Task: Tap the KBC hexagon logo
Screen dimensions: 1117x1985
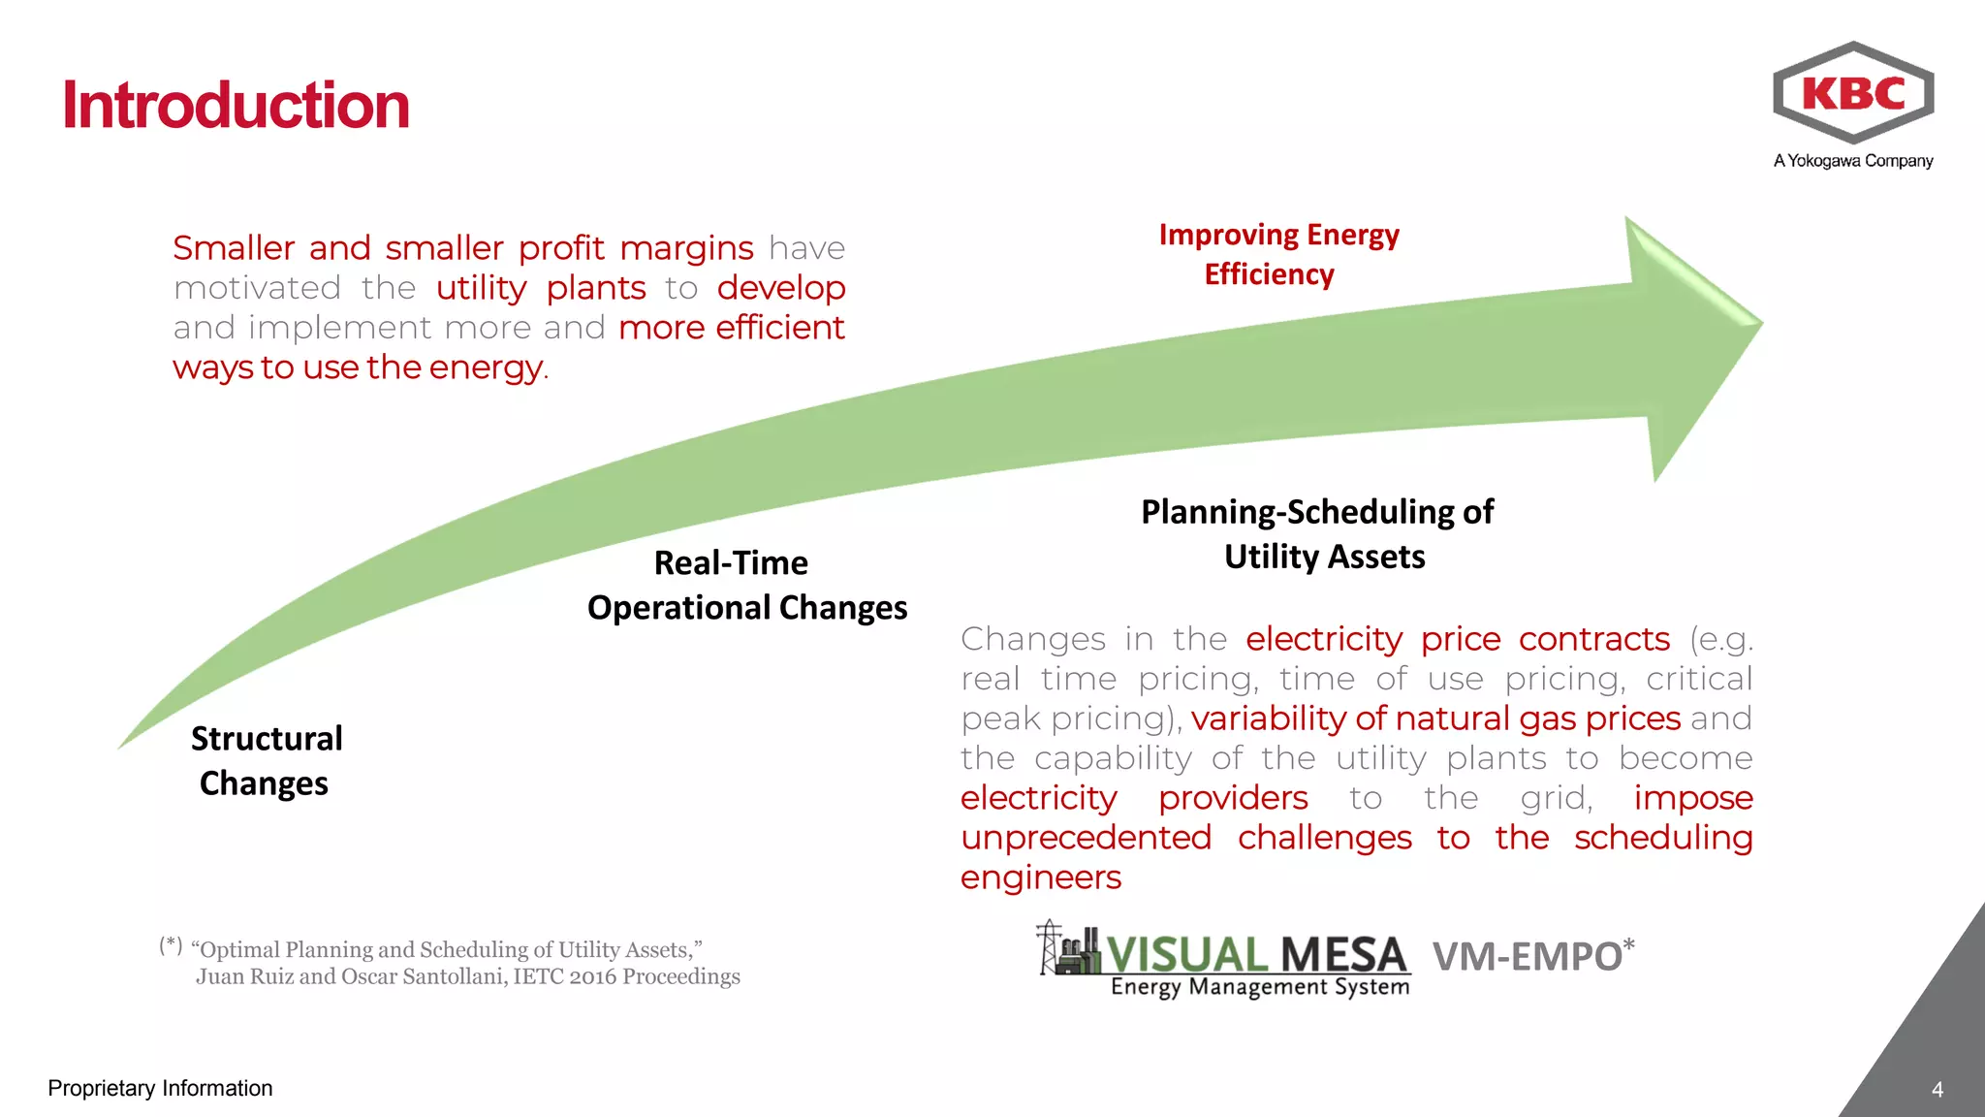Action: pyautogui.click(x=1852, y=93)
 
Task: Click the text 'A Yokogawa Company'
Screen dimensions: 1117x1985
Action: pyautogui.click(x=1852, y=161)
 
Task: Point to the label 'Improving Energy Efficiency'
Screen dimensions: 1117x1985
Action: pyautogui.click(x=1277, y=254)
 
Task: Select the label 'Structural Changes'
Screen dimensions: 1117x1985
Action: pyautogui.click(x=266, y=760)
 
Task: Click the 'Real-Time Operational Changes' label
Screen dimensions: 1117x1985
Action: pyautogui.click(x=746, y=585)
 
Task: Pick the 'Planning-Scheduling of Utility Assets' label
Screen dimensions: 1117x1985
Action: pyautogui.click(x=1318, y=533)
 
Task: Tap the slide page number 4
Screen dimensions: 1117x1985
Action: pyautogui.click(x=1937, y=1090)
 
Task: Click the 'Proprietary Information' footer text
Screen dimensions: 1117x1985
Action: pyautogui.click(x=160, y=1088)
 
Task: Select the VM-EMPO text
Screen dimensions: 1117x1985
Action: pyautogui.click(x=1528, y=957)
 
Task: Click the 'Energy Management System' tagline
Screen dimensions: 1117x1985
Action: pyautogui.click(x=1259, y=987)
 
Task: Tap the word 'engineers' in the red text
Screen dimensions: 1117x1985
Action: pyautogui.click(x=1040, y=878)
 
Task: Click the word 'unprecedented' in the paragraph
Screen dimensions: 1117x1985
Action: pyautogui.click(x=1086, y=838)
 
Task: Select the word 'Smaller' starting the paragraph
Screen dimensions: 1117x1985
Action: pyautogui.click(x=233, y=248)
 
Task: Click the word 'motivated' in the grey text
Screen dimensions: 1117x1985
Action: pyautogui.click(x=257, y=288)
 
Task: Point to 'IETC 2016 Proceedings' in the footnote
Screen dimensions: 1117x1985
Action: pyautogui.click(x=626, y=976)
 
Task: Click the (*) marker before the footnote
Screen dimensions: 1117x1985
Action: pyautogui.click(x=171, y=944)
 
